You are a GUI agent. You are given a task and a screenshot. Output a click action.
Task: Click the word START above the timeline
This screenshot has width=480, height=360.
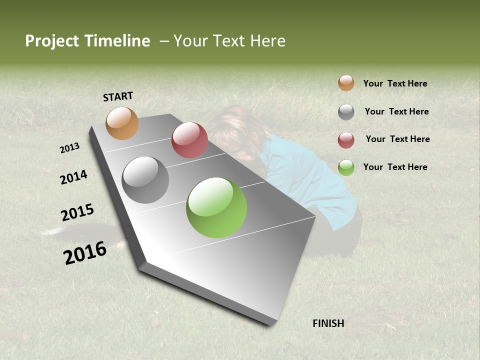click(x=118, y=96)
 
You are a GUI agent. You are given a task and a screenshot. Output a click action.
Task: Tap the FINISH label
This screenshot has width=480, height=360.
click(x=328, y=323)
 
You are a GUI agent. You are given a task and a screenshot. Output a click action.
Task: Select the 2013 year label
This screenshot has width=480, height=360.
click(x=70, y=148)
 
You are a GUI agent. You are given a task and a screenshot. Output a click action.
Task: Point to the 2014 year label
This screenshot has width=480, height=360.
click(x=73, y=177)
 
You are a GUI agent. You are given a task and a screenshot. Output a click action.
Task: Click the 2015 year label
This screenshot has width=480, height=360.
click(x=77, y=212)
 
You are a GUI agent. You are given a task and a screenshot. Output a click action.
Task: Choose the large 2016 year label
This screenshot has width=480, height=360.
click(x=85, y=253)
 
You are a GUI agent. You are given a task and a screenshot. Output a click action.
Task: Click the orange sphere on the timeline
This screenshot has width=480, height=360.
click(x=122, y=123)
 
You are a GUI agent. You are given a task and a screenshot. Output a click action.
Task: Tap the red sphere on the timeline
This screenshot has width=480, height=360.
click(x=189, y=140)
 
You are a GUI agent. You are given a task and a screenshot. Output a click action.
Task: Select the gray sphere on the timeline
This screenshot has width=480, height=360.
click(x=145, y=180)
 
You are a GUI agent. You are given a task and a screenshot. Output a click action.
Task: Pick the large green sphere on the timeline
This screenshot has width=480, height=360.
click(x=216, y=207)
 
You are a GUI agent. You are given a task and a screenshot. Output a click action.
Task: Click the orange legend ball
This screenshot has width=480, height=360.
click(x=346, y=83)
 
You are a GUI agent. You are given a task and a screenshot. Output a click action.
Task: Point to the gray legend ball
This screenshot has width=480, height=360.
click(x=346, y=112)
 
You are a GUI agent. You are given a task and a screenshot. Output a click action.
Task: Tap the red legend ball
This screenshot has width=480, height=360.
click(x=346, y=140)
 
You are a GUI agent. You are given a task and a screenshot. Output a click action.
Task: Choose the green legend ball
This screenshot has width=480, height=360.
click(x=346, y=167)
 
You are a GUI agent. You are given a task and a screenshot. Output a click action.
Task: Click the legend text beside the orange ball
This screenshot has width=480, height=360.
click(x=395, y=83)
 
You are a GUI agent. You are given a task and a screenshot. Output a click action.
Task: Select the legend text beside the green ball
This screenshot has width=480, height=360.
click(x=395, y=167)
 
